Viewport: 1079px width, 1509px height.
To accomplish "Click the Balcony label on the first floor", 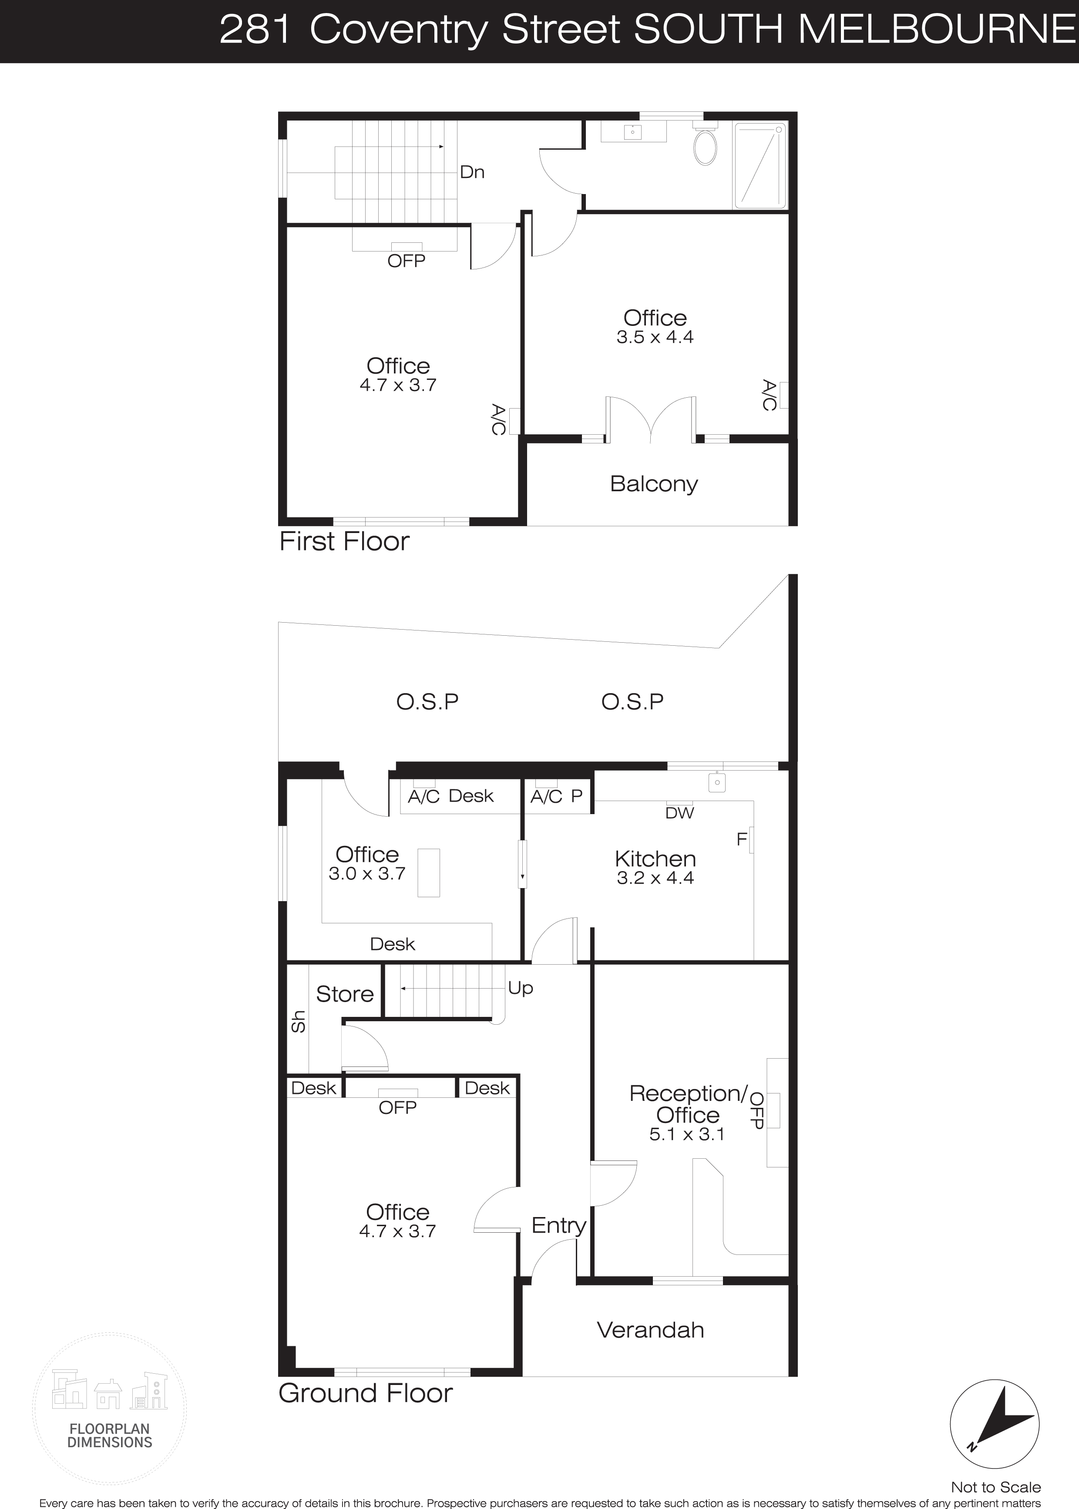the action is click(654, 484).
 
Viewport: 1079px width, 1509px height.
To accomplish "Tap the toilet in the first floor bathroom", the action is click(705, 143).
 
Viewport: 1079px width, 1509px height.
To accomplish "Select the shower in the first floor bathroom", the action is click(760, 166).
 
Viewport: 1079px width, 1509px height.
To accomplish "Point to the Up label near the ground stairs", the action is click(520, 988).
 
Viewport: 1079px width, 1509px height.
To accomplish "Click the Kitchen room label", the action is click(655, 859).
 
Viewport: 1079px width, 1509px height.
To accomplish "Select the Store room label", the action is click(344, 994).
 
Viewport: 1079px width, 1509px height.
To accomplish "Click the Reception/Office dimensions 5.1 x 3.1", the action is click(687, 1134).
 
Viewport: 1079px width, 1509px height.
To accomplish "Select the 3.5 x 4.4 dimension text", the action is click(655, 337).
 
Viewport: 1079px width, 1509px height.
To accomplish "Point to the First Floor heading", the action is click(344, 541).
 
